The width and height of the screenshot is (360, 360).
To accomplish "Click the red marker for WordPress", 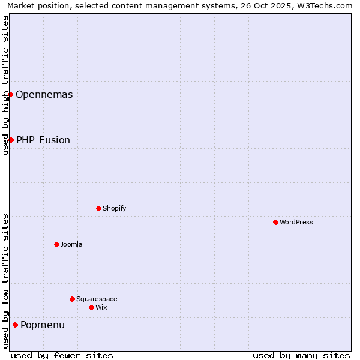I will (x=275, y=222).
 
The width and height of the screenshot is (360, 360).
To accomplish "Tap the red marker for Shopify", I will (x=98, y=208).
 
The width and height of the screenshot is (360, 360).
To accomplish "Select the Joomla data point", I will (x=56, y=244).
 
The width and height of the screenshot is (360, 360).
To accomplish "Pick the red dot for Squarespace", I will (x=72, y=299).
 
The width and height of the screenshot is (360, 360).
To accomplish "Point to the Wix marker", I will (x=91, y=307).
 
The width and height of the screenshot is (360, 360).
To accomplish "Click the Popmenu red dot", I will (x=15, y=325).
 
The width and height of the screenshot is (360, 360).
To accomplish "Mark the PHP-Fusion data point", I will (x=11, y=140).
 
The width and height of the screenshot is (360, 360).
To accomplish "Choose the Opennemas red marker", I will (x=10, y=94).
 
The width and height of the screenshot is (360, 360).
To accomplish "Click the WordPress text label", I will (x=296, y=222).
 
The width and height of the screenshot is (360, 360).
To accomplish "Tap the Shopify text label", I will (x=115, y=208).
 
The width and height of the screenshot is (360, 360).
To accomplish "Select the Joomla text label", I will (x=71, y=244).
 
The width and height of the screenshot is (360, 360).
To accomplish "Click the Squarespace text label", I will (x=97, y=299).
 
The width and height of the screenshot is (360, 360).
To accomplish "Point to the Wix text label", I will (x=101, y=307).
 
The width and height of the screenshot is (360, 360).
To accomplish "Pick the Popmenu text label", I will (x=43, y=325).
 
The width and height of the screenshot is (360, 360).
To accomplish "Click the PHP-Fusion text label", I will (x=43, y=140).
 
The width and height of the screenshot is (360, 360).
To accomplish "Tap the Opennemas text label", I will (x=44, y=94).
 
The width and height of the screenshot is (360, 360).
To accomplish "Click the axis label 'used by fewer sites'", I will (x=62, y=355).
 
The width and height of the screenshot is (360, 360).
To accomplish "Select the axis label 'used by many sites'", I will (x=301, y=355).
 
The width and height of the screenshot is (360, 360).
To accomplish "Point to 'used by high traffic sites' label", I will (x=5, y=85).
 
